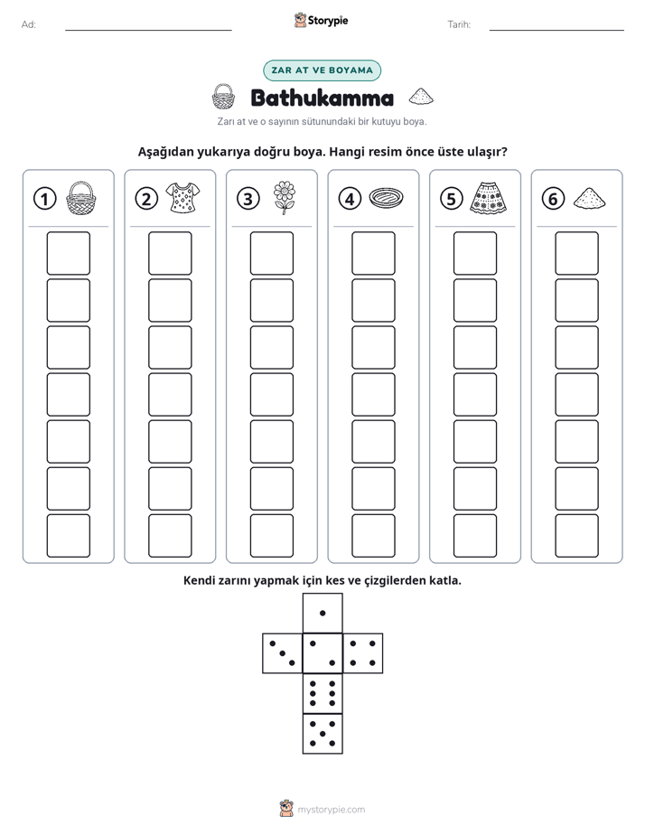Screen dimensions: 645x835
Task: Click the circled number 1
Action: tap(44, 199)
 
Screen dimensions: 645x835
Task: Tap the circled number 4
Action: tap(350, 199)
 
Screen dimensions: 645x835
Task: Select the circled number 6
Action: tap(553, 199)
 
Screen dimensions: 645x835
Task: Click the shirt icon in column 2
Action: tap(182, 198)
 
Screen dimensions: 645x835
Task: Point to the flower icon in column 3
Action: tap(285, 198)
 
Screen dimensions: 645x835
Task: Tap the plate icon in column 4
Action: tap(386, 198)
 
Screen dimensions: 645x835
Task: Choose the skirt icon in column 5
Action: tap(488, 198)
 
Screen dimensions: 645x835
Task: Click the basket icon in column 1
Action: tap(81, 198)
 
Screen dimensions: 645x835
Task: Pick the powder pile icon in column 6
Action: tap(589, 198)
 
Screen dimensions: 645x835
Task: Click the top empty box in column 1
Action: tap(68, 253)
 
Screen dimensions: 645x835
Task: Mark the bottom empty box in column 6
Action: tap(576, 536)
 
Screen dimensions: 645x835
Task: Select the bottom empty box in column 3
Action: tap(271, 536)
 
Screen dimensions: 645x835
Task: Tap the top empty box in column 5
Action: tap(474, 253)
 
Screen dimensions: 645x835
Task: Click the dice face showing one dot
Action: tap(322, 613)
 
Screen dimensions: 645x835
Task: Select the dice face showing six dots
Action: tap(322, 693)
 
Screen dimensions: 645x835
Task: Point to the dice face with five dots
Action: tap(322, 734)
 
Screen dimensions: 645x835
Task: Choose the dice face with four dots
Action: tap(363, 653)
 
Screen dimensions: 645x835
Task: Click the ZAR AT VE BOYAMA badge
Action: tap(322, 70)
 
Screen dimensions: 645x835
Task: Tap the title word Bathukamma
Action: tap(322, 98)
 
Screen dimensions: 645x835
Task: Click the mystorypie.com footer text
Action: tap(331, 810)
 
